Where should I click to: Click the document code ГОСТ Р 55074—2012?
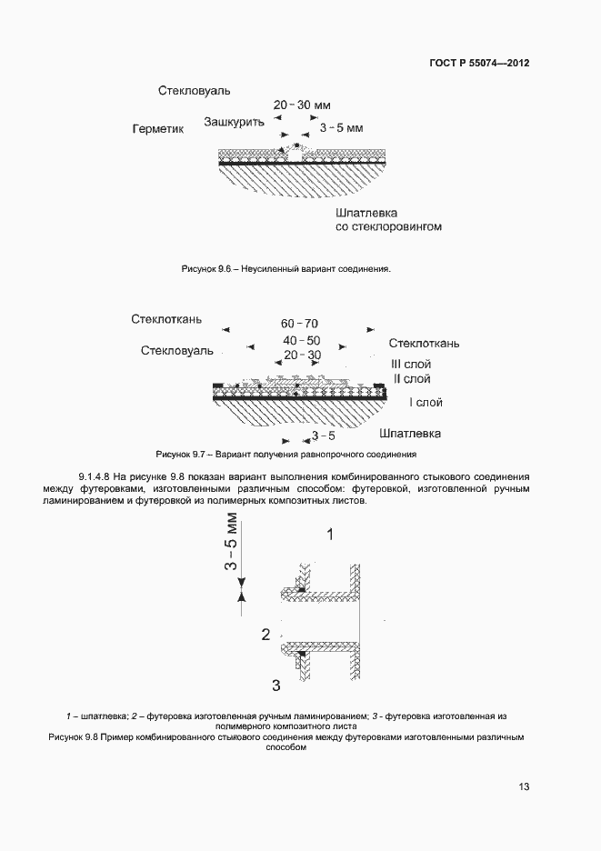pyautogui.click(x=478, y=64)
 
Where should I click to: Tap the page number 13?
pyautogui.click(x=524, y=786)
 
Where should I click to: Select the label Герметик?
pyautogui.click(x=158, y=130)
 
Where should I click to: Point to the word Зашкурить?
pyautogui.click(x=234, y=121)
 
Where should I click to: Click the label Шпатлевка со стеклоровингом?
pyautogui.click(x=388, y=218)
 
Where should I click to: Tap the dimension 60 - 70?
pyautogui.click(x=299, y=325)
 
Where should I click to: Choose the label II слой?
pyautogui.click(x=411, y=379)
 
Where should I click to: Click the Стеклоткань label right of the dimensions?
pyautogui.click(x=424, y=344)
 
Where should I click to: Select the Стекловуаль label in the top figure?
pyautogui.click(x=194, y=92)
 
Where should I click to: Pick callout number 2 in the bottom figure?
pyautogui.click(x=265, y=635)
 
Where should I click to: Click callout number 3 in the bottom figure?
pyautogui.click(x=275, y=684)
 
